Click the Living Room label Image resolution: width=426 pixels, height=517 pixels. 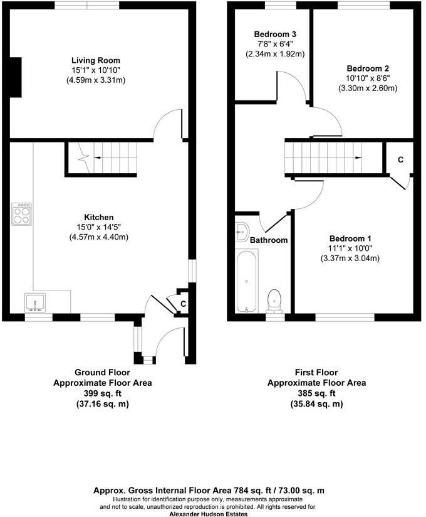tap(96, 60)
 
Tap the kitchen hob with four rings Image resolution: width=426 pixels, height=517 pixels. tap(22, 214)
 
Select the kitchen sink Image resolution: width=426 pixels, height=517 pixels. tap(35, 302)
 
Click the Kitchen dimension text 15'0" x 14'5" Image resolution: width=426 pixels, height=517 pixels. tap(99, 227)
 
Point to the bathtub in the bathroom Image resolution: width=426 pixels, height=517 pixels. tap(247, 281)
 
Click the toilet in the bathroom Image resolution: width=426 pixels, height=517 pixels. tap(274, 301)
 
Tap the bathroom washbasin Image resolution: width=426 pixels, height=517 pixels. tap(242, 232)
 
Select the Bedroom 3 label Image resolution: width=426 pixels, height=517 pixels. tap(275, 35)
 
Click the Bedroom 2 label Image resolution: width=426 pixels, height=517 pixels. tap(368, 68)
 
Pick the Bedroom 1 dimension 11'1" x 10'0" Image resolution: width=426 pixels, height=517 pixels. tap(350, 248)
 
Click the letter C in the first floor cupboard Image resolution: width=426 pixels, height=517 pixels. tap(401, 160)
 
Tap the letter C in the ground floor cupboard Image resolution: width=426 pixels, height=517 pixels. tap(184, 304)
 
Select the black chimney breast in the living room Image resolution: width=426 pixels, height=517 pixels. tap(16, 77)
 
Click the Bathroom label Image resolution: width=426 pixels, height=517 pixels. tap(269, 240)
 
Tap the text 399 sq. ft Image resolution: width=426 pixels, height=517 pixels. tap(103, 393)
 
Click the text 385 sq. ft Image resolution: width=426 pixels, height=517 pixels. tap(316, 393)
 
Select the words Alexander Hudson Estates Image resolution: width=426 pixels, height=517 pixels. tap(209, 514)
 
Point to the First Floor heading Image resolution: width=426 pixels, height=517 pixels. tap(316, 373)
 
